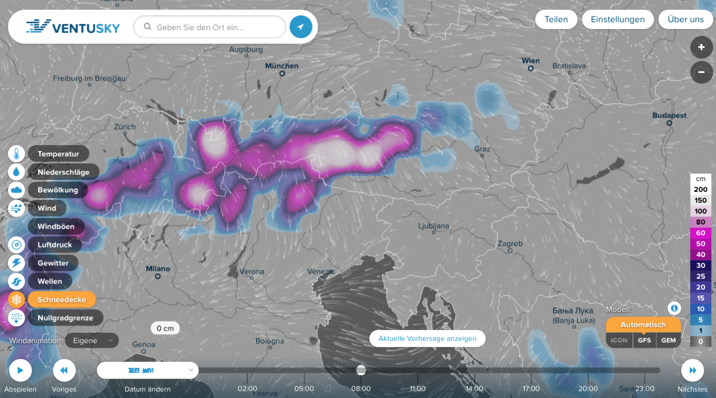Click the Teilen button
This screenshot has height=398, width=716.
pos(556,19)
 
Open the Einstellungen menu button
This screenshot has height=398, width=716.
pos(617,19)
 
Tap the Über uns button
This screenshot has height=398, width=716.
pos(685,19)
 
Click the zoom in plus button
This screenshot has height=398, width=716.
pos(701,47)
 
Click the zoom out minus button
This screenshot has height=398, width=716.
pos(701,73)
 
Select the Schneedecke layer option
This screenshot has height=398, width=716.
pos(61,300)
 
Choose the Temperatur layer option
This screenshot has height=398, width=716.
pos(58,154)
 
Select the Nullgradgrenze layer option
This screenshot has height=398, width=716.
pos(65,318)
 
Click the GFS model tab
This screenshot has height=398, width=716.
pos(644,340)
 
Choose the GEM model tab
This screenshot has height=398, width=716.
pos(668,340)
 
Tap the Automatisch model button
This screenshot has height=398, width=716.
pos(643,324)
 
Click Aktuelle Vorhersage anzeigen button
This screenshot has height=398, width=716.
pos(427,339)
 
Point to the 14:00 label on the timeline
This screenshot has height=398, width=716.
pos(474,389)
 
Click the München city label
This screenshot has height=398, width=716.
pos(282,66)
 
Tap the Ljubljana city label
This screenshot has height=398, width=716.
pos(434,226)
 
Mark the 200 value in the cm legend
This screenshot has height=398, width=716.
pos(701,190)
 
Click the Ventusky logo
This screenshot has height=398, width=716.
pos(73,27)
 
